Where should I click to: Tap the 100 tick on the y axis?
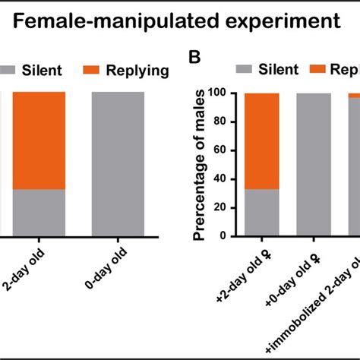223,93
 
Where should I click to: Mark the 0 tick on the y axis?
229,235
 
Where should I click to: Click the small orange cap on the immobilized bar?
353,95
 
